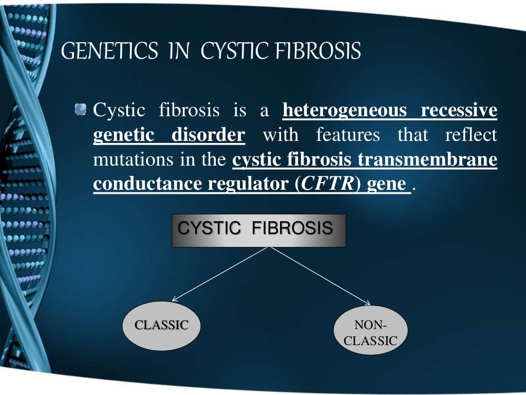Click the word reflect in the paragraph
coord(472,135)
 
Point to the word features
coord(348,135)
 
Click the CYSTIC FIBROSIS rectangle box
coord(258,230)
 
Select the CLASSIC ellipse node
coord(161,326)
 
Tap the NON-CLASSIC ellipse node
coord(370,333)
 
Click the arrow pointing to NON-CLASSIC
coord(321,276)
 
